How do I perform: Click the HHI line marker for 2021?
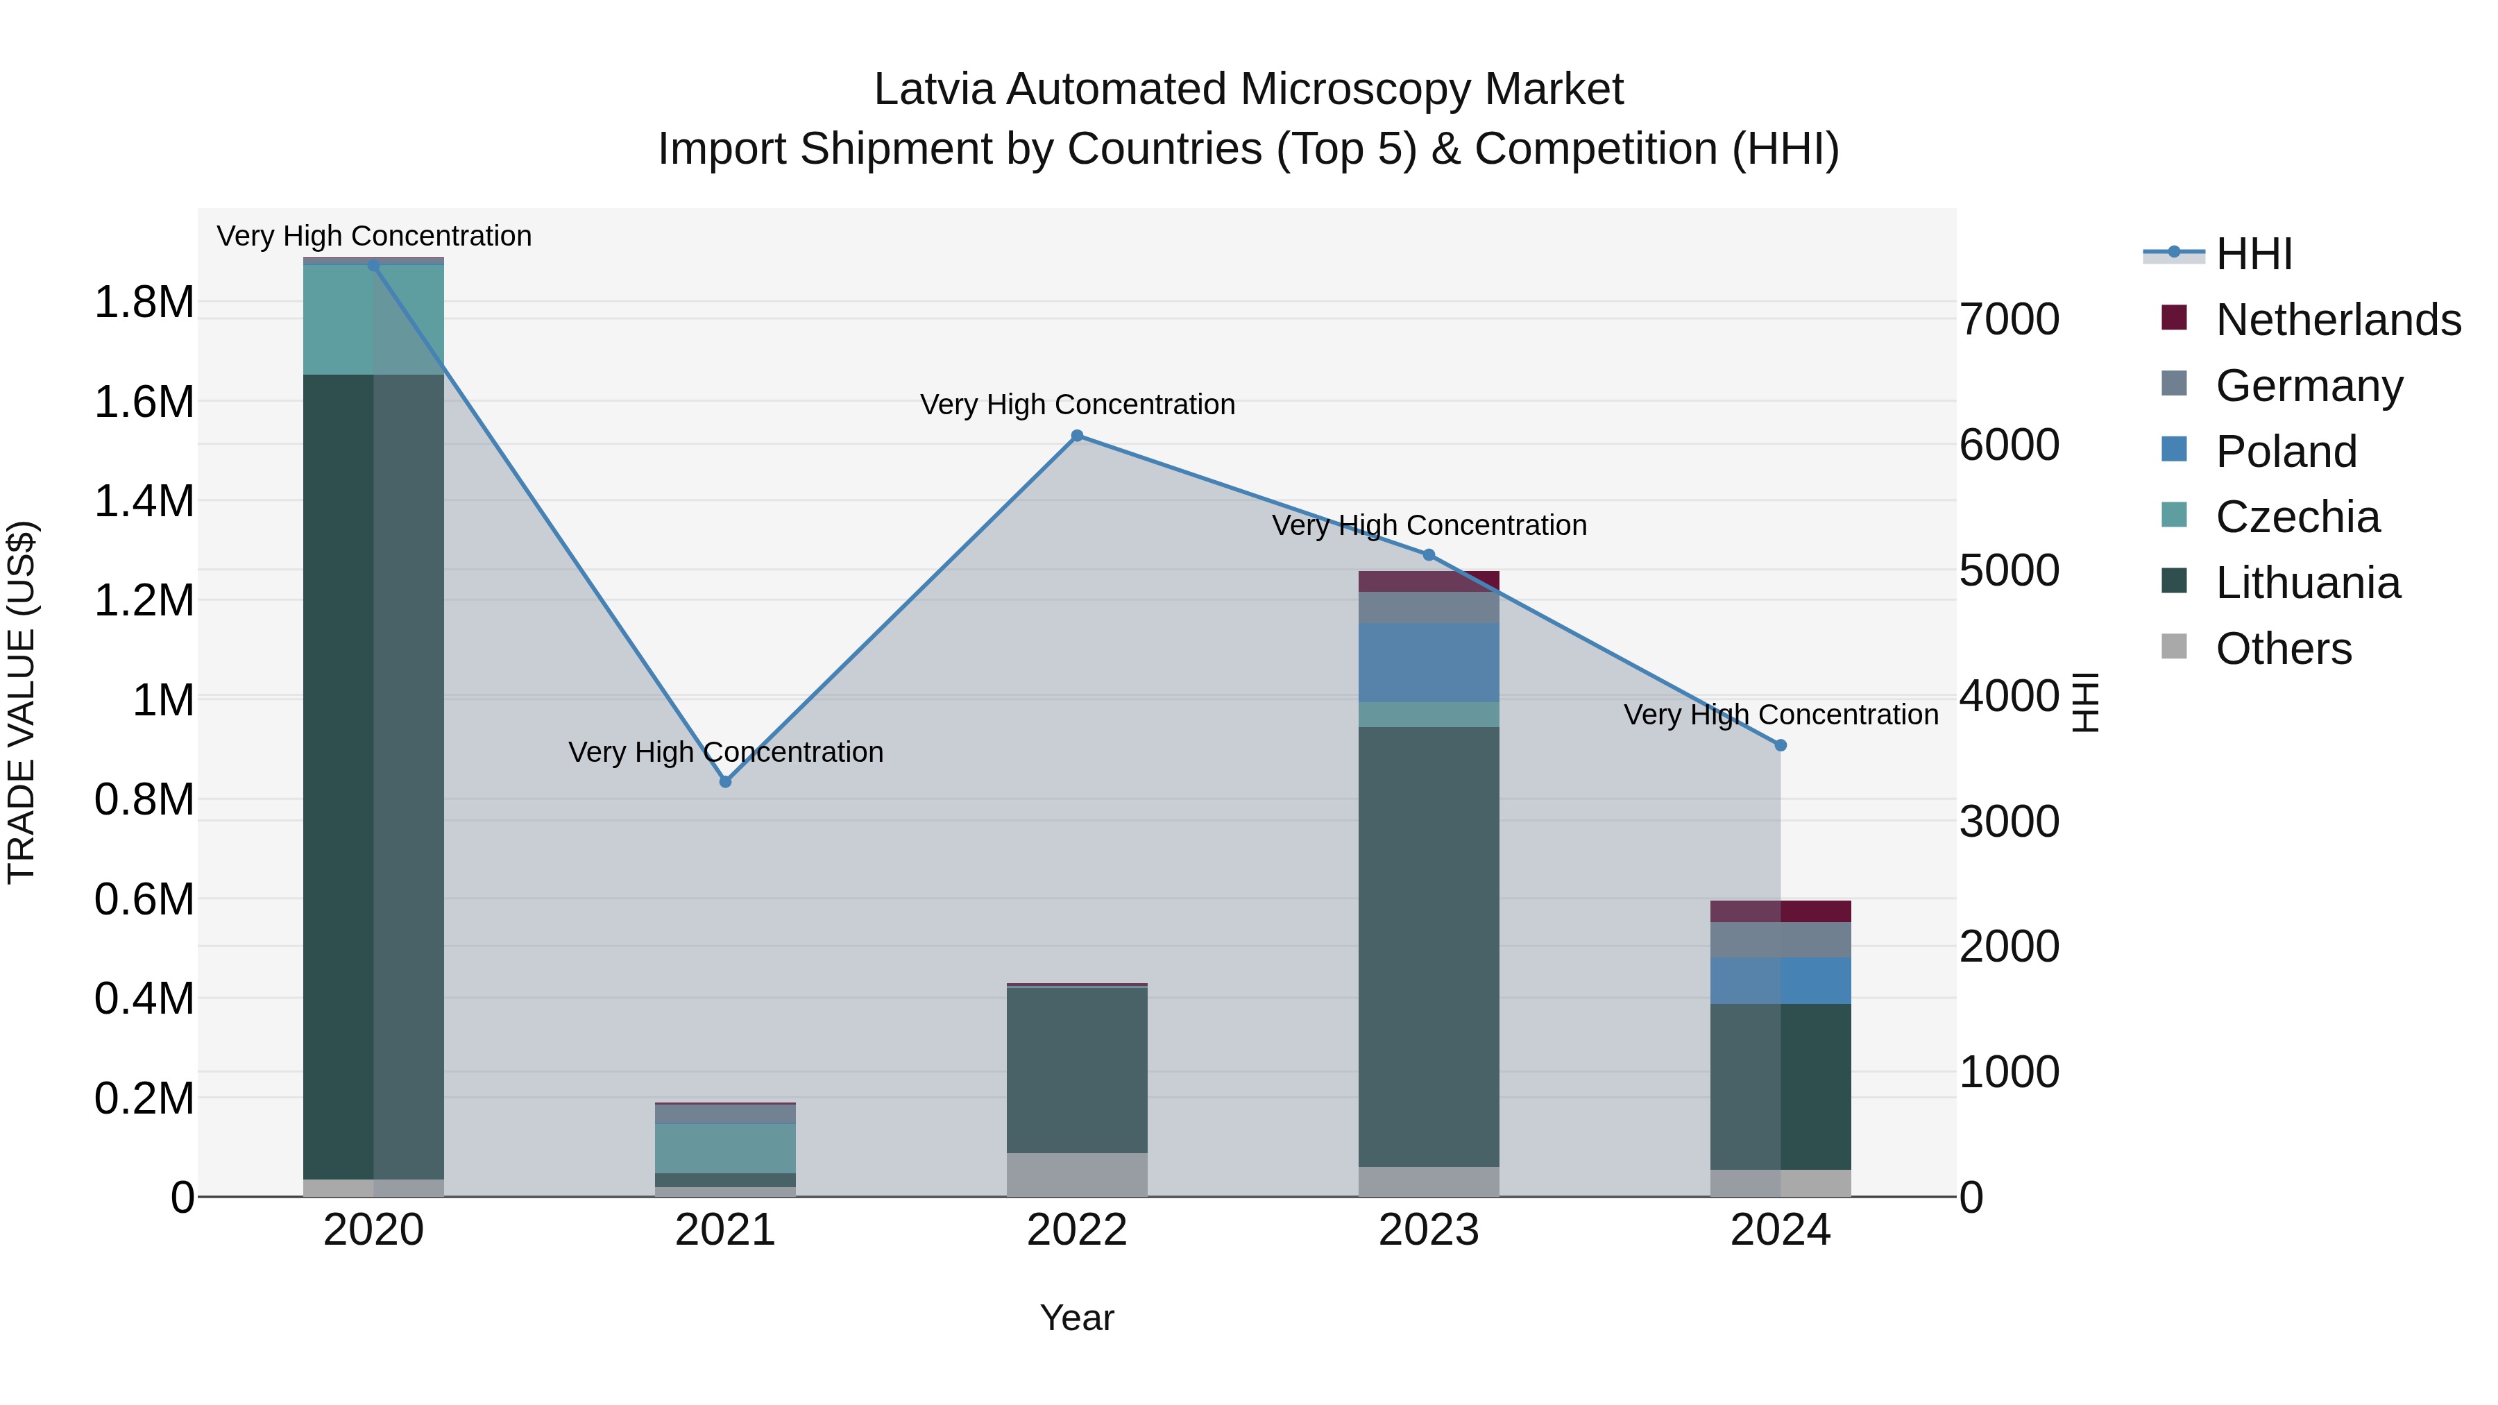pyautogui.click(x=725, y=781)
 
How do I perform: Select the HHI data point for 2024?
pyautogui.click(x=1781, y=746)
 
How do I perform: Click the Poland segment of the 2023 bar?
pyautogui.click(x=1429, y=663)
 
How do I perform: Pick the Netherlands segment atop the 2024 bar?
pyautogui.click(x=1781, y=912)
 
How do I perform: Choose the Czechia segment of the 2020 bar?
pyautogui.click(x=373, y=319)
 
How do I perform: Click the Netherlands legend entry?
pyautogui.click(x=2338, y=320)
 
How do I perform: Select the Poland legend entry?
pyautogui.click(x=2286, y=452)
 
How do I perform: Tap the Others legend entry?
pyautogui.click(x=2284, y=649)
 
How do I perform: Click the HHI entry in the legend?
pyautogui.click(x=2254, y=254)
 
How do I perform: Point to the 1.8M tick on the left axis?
pyautogui.click(x=144, y=303)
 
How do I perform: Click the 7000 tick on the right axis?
pyautogui.click(x=2010, y=319)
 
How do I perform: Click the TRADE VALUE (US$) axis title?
pyautogui.click(x=22, y=702)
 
